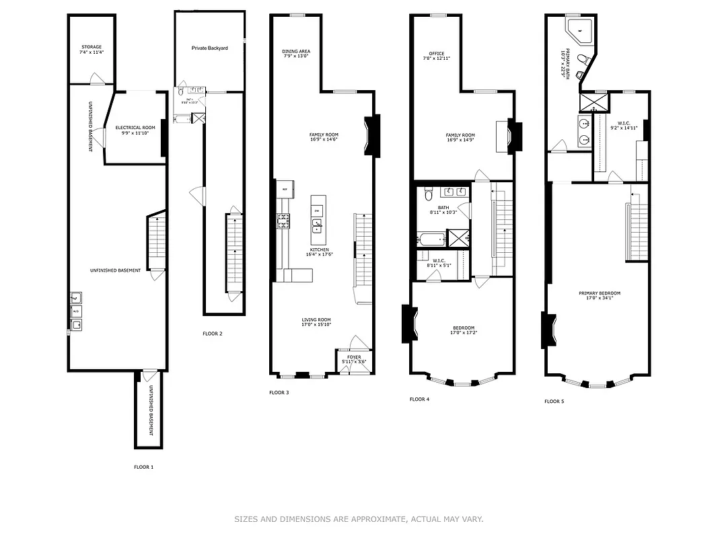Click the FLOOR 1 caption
pyautogui.click(x=143, y=467)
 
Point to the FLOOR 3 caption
pyautogui.click(x=279, y=392)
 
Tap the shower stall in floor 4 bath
pyautogui.click(x=458, y=239)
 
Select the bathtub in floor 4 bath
pyautogui.click(x=431, y=238)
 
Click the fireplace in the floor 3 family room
pyautogui.click(x=371, y=135)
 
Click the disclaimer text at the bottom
pyautogui.click(x=359, y=518)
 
